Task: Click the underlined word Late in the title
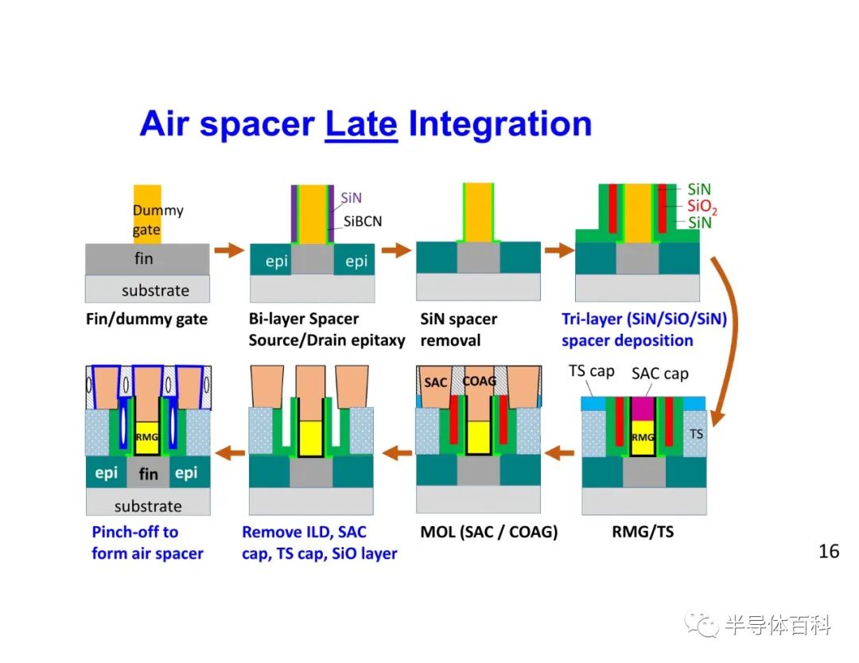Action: [x=361, y=124]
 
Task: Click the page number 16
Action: [x=828, y=551]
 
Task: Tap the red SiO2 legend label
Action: [x=702, y=207]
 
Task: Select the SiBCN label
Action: [x=363, y=221]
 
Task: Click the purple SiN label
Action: [x=352, y=197]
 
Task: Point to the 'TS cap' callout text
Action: [x=591, y=371]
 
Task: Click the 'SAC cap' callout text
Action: [x=659, y=374]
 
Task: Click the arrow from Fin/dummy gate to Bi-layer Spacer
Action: [x=229, y=250]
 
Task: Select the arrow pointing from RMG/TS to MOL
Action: [x=559, y=453]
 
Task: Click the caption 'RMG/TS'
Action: [x=643, y=532]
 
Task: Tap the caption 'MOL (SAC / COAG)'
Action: [x=488, y=532]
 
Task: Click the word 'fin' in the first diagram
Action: [x=143, y=258]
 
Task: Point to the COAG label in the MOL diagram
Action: [x=480, y=381]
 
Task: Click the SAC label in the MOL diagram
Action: [x=436, y=382]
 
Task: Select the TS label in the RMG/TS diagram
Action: [x=696, y=434]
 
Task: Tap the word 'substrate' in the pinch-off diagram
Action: [x=148, y=506]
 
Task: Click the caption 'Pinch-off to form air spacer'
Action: [x=147, y=542]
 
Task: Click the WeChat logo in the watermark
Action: [x=702, y=624]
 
